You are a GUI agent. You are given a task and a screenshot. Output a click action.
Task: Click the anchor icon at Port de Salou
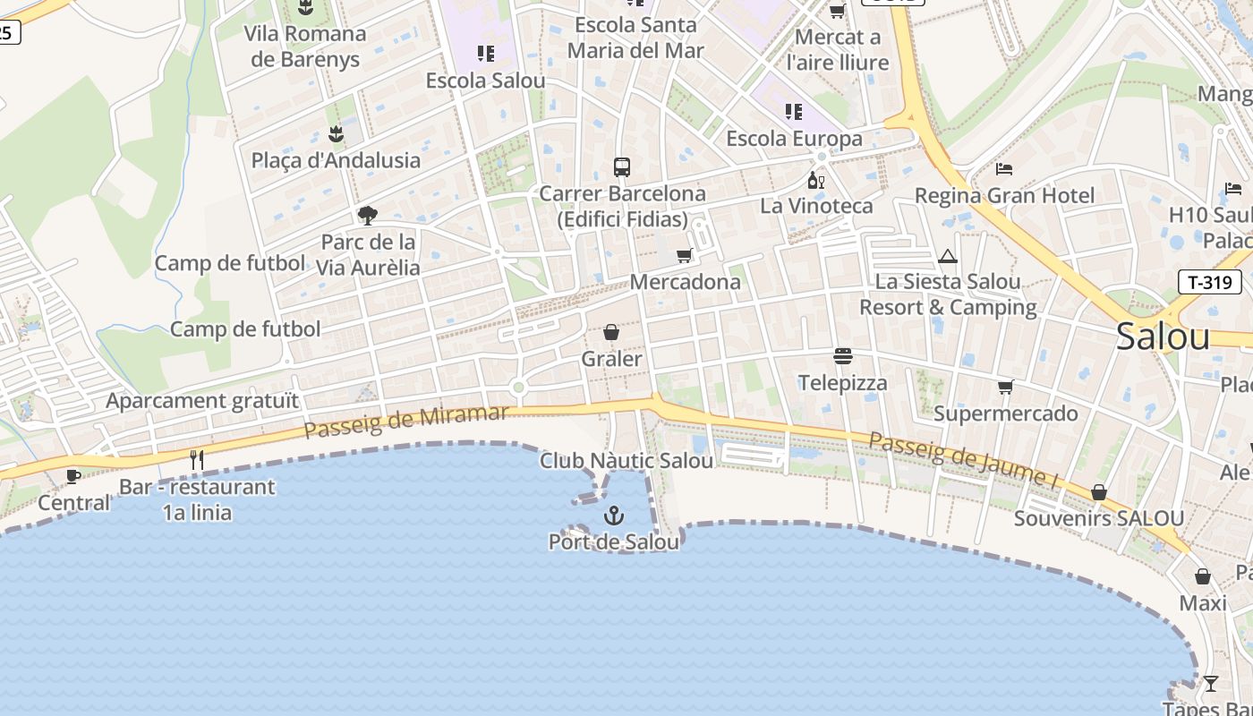click(x=614, y=516)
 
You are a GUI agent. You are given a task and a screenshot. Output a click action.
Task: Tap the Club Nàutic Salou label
click(x=626, y=461)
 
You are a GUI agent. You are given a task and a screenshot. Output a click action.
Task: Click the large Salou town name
click(x=1163, y=337)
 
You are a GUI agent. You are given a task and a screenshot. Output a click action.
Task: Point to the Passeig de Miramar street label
click(x=406, y=422)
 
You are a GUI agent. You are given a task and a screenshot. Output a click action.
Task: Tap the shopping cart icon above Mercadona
click(x=685, y=256)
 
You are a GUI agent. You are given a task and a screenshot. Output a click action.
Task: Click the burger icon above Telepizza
click(x=842, y=356)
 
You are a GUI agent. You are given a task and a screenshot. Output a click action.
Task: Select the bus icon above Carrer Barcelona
click(x=621, y=166)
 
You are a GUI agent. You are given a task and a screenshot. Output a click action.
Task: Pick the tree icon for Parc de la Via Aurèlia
click(x=367, y=215)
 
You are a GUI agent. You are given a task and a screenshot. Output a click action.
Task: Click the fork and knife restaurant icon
click(x=197, y=460)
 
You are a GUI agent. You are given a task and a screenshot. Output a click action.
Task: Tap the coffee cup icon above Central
click(x=73, y=476)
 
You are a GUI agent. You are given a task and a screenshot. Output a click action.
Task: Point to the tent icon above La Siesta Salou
click(x=948, y=257)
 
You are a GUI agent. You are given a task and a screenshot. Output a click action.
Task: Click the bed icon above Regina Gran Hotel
click(x=1004, y=169)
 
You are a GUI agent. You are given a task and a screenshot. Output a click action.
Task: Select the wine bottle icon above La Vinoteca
click(x=815, y=181)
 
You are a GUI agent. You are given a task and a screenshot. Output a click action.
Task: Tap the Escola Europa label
click(x=794, y=139)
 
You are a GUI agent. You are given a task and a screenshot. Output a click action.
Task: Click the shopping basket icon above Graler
click(x=611, y=333)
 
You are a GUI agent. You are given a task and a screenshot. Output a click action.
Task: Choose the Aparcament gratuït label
click(x=202, y=400)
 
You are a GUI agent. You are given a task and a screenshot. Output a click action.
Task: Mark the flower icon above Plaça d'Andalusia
click(x=336, y=134)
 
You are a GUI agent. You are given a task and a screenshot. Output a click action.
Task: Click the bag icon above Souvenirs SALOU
click(x=1099, y=492)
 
